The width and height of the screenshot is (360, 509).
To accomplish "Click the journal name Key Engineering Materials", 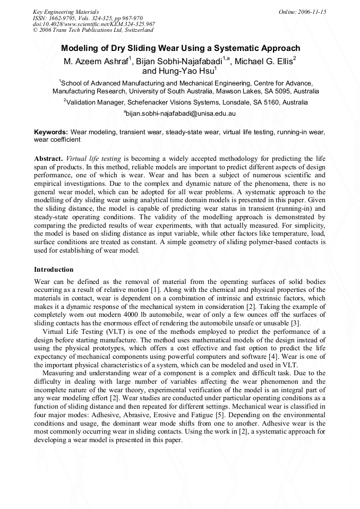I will tap(66, 11).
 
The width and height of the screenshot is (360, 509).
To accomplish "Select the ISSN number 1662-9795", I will tap(63, 18).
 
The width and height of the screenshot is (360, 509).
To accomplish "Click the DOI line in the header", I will tap(93, 24).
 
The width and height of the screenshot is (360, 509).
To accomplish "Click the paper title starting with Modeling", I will tap(180, 48).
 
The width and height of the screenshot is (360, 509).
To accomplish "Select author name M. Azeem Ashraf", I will tap(97, 62).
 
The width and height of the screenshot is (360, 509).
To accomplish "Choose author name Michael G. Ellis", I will tap(263, 62).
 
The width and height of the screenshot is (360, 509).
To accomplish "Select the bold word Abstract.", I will tap(48, 159).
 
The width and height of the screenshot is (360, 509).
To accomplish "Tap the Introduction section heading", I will tap(54, 270).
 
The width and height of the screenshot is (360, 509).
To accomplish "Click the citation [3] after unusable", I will tap(296, 322).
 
